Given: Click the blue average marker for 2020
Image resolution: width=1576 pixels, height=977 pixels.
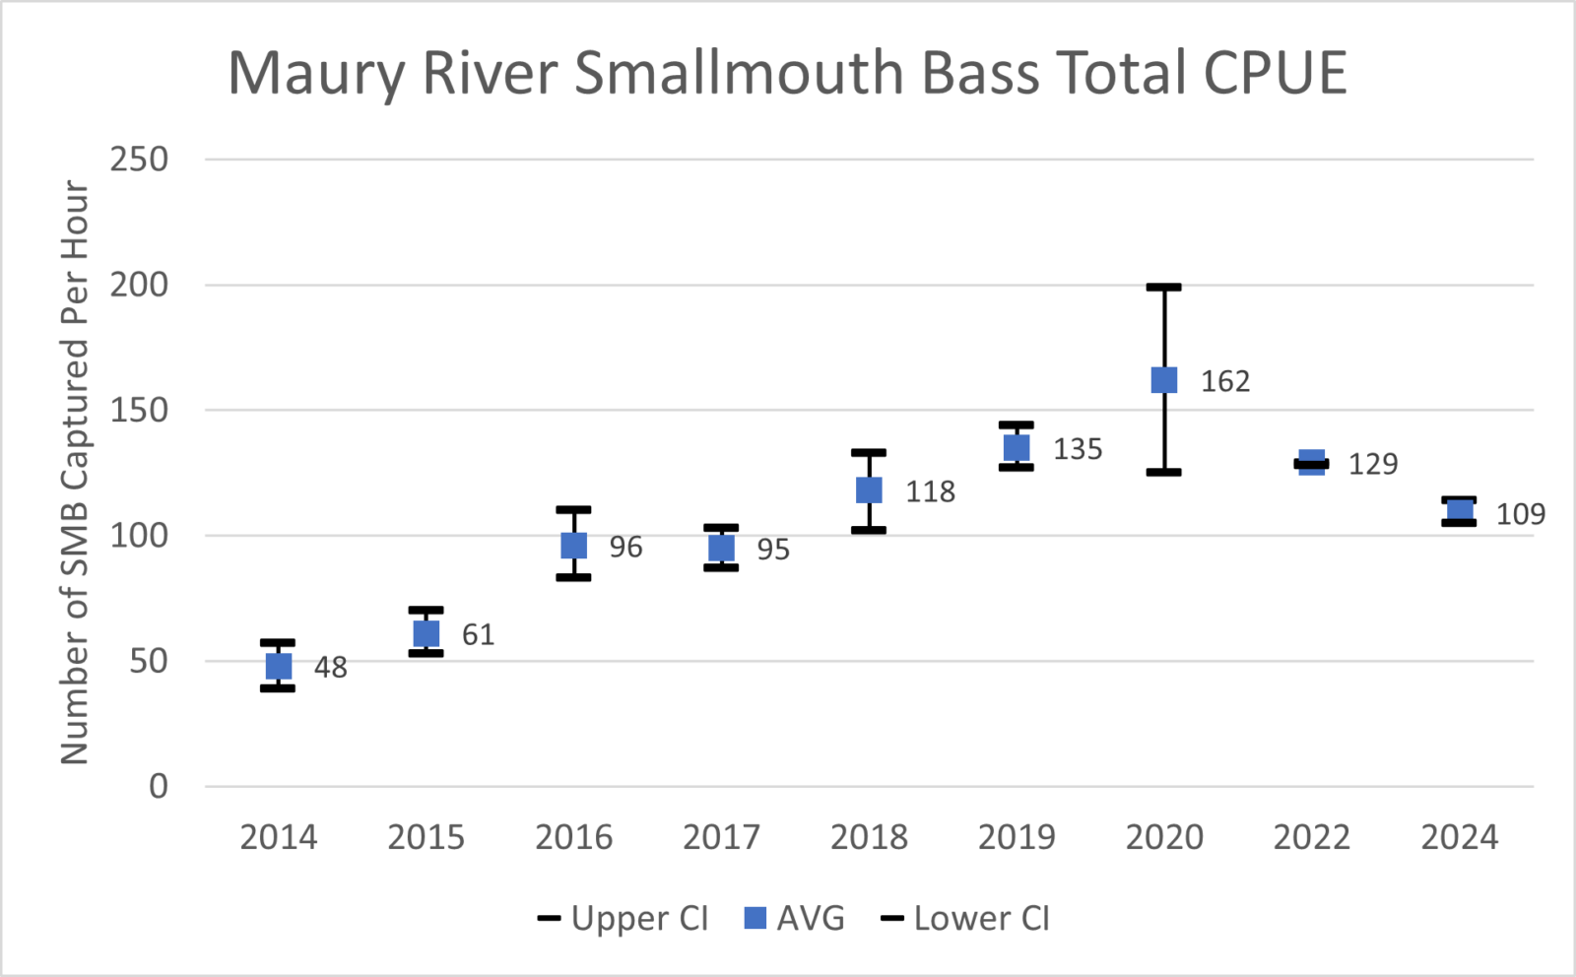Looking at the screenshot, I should click(x=1164, y=380).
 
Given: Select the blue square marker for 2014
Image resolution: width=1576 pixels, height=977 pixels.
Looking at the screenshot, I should click(x=279, y=666).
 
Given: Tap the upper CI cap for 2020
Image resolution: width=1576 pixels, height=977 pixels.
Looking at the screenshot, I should click(x=1164, y=288).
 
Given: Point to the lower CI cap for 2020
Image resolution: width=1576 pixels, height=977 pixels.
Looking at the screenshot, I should click(x=1164, y=473).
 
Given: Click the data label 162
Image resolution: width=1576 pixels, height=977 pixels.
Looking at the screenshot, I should click(x=1225, y=381).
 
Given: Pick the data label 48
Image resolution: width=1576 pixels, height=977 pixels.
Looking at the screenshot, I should click(x=331, y=668).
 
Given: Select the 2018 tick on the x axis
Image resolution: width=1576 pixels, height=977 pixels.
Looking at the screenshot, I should click(x=869, y=837).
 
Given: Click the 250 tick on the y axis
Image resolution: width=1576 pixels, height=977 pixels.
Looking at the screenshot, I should click(x=139, y=160).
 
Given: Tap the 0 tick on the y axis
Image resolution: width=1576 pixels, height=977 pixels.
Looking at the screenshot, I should click(x=159, y=786).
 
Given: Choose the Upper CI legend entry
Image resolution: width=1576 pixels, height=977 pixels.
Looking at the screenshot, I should click(x=624, y=918).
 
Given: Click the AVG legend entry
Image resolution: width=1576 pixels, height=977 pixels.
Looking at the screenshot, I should click(x=794, y=918).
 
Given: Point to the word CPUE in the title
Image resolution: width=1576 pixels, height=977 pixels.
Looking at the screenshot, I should click(x=1275, y=73).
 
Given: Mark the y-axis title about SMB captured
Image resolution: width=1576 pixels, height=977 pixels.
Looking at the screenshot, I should click(x=75, y=473).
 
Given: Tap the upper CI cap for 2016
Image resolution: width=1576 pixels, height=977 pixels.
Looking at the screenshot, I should click(x=573, y=510).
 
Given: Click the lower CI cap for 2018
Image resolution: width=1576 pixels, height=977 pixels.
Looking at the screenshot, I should click(x=869, y=531).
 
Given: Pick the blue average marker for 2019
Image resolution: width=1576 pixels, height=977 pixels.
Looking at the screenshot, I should click(x=1017, y=448).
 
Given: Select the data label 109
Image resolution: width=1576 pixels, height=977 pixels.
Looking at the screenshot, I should click(x=1520, y=514).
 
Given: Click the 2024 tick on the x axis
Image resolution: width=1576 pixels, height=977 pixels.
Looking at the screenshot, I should click(x=1460, y=837).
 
